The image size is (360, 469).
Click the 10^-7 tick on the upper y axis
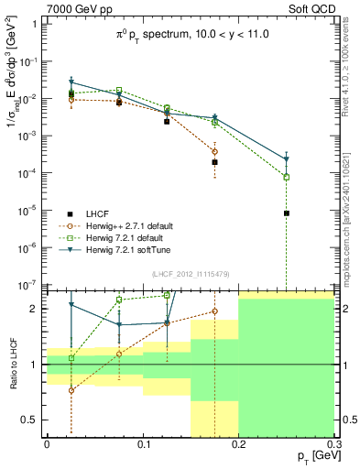click(30, 286)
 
